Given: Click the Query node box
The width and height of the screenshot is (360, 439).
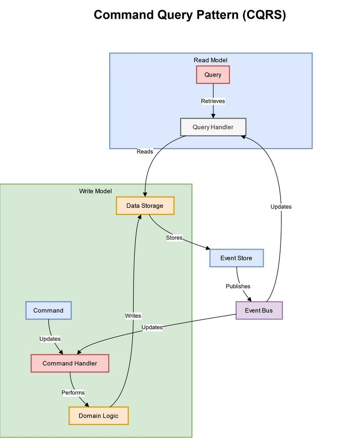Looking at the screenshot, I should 212,75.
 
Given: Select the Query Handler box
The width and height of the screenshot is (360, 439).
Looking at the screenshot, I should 213,127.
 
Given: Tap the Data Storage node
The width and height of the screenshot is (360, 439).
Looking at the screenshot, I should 145,206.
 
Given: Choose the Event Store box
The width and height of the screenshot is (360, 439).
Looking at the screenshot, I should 236,258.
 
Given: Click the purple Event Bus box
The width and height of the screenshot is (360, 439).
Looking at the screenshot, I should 259,311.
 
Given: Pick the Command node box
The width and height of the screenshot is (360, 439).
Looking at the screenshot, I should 48,310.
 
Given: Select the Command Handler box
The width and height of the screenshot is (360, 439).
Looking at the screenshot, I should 70,363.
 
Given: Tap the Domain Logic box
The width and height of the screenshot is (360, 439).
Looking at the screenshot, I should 98,416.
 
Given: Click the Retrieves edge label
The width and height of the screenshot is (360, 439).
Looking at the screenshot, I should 213,101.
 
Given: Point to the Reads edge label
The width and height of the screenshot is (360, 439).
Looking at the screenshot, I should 145,152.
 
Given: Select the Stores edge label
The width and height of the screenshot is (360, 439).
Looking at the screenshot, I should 174,238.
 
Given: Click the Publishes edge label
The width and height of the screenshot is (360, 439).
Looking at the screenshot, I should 238,286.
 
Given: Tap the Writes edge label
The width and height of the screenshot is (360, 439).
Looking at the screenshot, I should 133,315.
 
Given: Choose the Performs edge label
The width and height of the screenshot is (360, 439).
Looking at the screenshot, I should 73,392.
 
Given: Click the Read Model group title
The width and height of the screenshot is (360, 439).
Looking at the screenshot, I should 211,60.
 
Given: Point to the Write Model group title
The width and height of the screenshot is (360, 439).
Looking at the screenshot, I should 95,191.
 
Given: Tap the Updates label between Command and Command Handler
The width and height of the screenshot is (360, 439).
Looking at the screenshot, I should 50,339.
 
